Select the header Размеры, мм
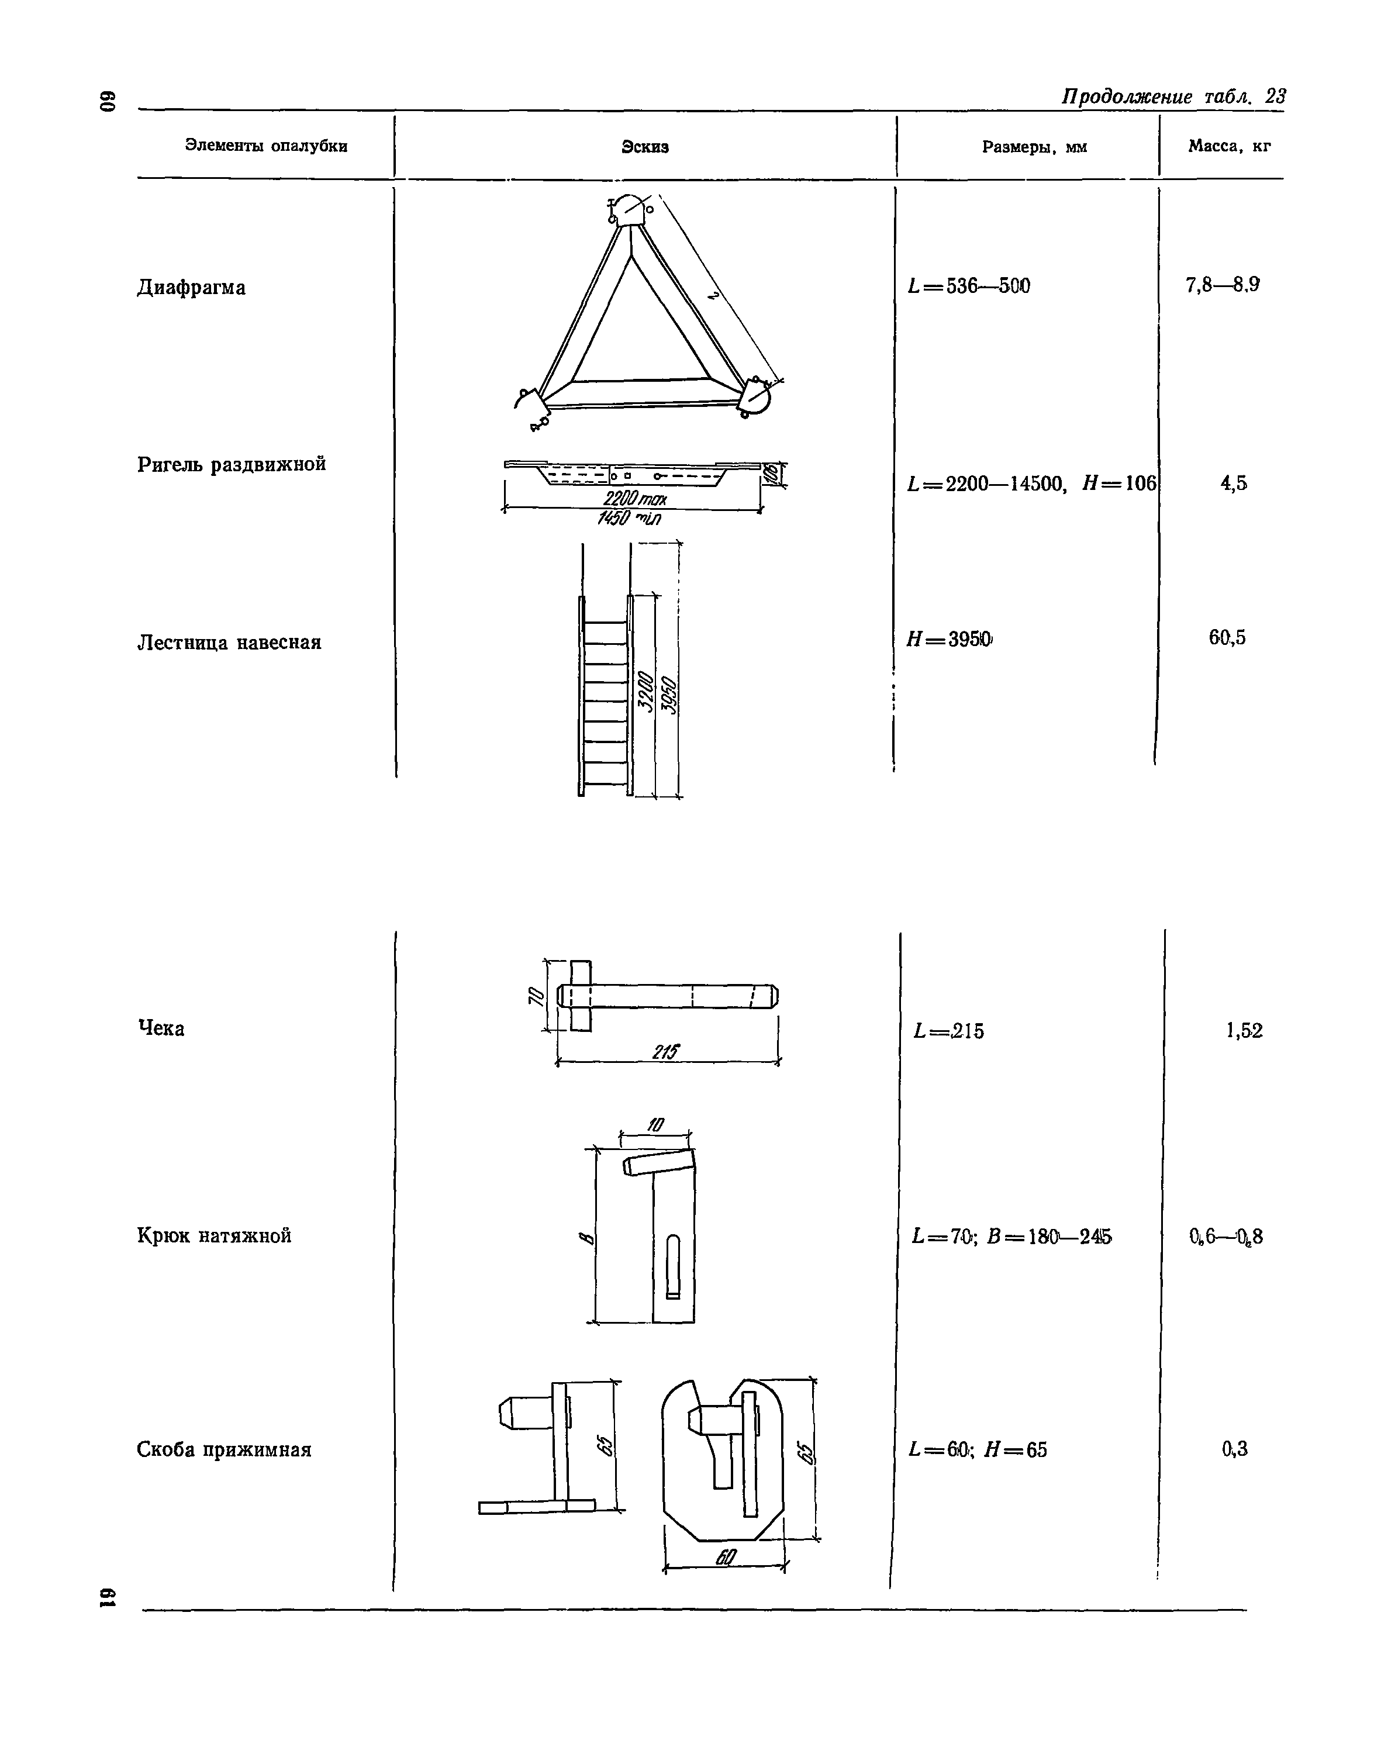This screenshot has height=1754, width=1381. pos(1034,147)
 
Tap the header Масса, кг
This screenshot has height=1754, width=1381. pos(1229,146)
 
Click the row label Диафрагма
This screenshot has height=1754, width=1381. pos(192,288)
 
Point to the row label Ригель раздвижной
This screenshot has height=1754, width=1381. pos(232,465)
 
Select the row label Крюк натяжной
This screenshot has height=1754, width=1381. pos(214,1235)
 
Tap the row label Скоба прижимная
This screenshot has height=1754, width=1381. pos(224,1449)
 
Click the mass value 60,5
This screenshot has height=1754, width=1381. pos(1227,638)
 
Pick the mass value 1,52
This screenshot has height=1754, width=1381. pos(1244,1030)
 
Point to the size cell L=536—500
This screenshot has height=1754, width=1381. pos(969,286)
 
